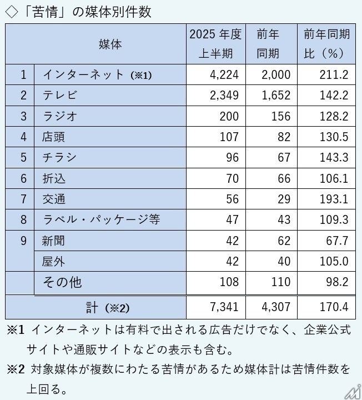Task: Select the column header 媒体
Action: point(110,44)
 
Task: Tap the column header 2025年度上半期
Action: point(215,44)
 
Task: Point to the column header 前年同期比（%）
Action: point(326,44)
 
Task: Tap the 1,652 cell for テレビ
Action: point(277,96)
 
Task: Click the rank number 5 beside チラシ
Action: point(23,157)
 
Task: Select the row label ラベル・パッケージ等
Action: point(101,219)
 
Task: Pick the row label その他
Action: point(62,282)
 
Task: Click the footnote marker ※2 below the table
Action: point(16,368)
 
